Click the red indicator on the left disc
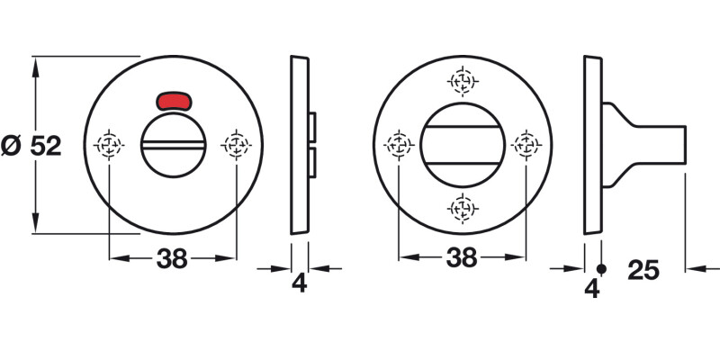coord(174,99)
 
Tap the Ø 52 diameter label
coord(31,146)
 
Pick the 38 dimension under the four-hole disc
coord(462,258)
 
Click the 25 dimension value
coord(644,270)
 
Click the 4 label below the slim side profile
coord(300,283)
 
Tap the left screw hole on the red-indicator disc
coord(110,144)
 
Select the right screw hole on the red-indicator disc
coord(236,144)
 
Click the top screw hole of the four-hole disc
coord(463,81)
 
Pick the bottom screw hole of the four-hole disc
coord(463,209)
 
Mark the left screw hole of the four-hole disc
coord(399,144)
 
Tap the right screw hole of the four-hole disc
coord(526,144)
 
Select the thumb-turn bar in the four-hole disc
coord(463,144)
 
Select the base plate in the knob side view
coord(592,144)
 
